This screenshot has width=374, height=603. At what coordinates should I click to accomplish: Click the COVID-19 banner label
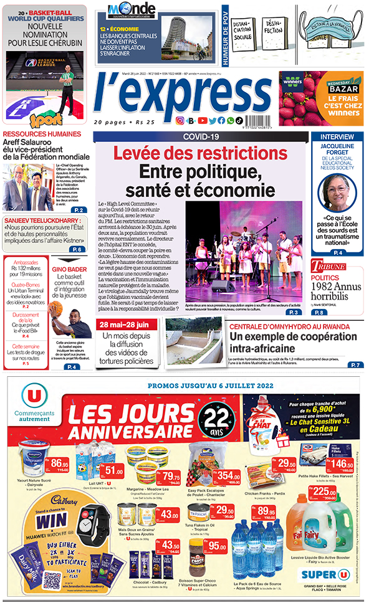coord(201,136)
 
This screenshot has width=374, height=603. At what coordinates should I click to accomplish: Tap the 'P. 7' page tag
coord(355,364)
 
